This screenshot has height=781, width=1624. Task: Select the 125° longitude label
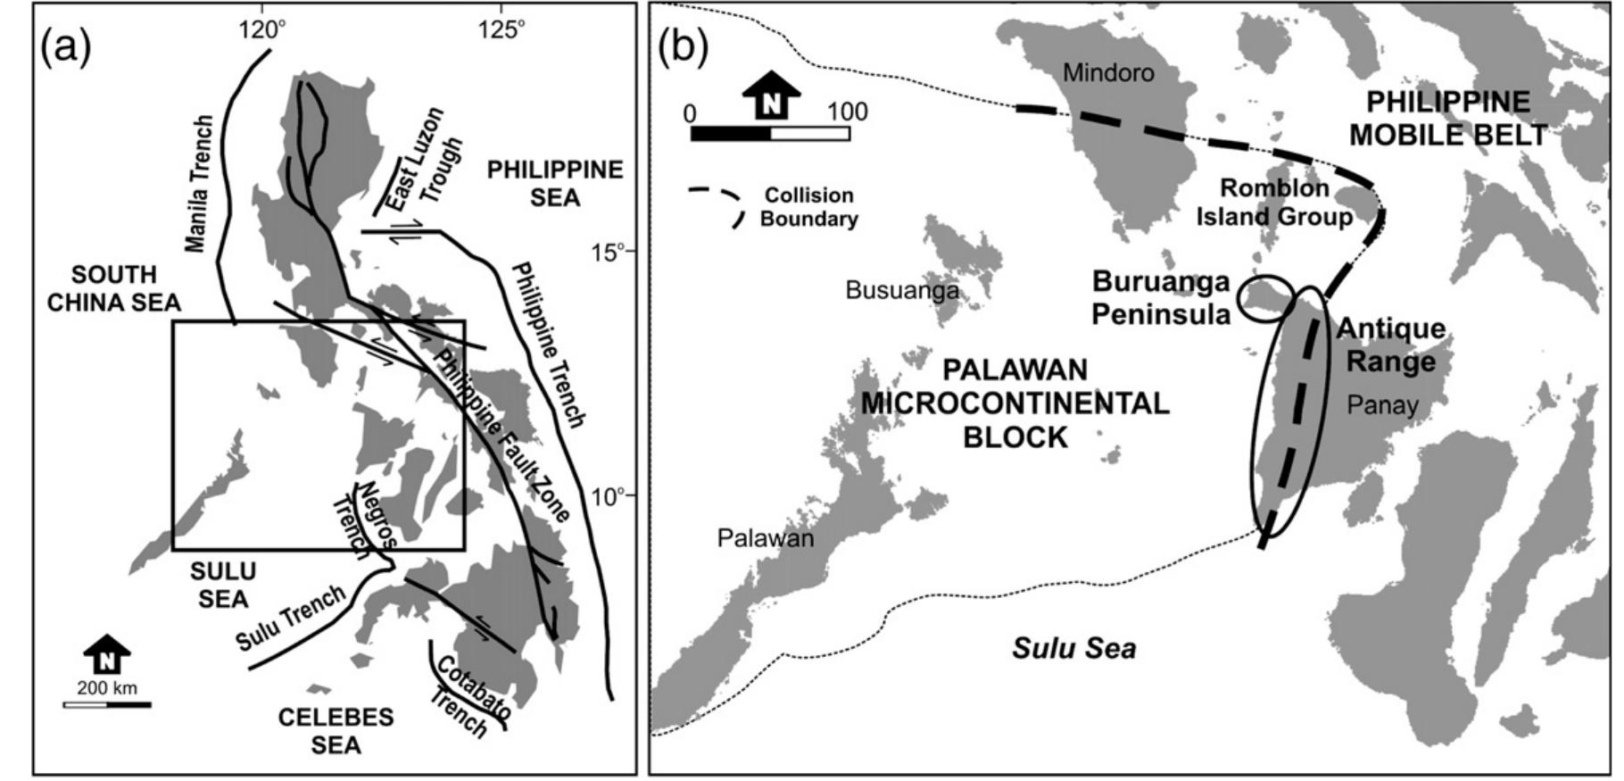(x=501, y=29)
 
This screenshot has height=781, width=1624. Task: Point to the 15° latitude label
(x=611, y=252)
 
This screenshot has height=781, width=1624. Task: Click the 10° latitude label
(x=611, y=495)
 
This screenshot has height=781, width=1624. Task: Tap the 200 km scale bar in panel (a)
(x=107, y=704)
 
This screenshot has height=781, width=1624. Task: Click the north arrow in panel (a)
(x=107, y=655)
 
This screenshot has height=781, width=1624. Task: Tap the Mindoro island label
(x=1108, y=72)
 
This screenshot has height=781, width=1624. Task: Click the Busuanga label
(x=901, y=290)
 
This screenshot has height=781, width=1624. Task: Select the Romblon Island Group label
(x=1274, y=203)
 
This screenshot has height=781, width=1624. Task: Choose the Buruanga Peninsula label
(x=1161, y=297)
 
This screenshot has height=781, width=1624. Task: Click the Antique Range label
(x=1390, y=345)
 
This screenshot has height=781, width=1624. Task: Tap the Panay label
(x=1382, y=405)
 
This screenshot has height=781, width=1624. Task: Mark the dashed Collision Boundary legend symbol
(x=717, y=205)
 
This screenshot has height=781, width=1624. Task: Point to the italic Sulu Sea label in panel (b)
(x=1073, y=647)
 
